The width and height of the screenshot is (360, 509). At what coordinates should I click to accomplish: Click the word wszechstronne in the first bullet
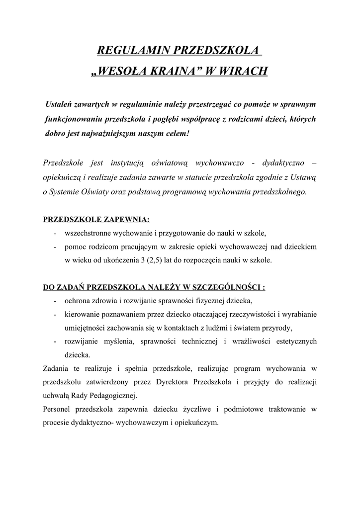click(88, 233)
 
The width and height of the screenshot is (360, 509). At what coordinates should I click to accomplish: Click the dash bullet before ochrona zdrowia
click(54, 301)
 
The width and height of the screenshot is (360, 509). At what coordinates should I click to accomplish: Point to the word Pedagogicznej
click(113, 396)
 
